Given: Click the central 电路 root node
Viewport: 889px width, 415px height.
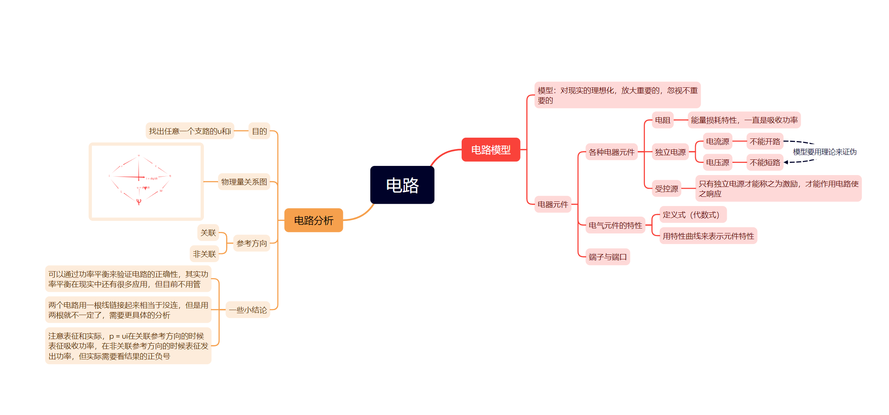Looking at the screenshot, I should [402, 185].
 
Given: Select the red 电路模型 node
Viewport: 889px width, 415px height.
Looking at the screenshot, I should [491, 150].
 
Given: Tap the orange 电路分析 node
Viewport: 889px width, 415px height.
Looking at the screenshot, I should [314, 220].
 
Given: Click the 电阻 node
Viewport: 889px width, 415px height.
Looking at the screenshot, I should [663, 120].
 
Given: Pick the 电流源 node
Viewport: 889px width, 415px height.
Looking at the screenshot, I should [718, 142].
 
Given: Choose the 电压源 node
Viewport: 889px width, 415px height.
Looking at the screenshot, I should [718, 162].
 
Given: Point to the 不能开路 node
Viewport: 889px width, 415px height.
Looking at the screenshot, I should [765, 142].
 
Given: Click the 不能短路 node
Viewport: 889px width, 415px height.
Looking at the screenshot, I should [765, 162].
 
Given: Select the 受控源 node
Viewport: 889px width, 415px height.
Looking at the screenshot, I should [666, 188].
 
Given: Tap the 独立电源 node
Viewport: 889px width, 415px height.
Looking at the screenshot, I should [670, 152].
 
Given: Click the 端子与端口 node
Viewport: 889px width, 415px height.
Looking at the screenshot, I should [608, 257].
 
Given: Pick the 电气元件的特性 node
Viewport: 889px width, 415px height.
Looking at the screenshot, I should [615, 225].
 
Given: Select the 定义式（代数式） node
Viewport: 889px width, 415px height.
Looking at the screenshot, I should [693, 215].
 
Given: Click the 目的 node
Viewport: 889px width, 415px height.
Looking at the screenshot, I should [259, 131].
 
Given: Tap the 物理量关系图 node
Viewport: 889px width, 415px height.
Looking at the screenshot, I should [244, 182].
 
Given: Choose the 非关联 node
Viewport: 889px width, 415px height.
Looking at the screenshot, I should [204, 254].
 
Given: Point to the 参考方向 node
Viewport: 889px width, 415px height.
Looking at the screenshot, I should [252, 243].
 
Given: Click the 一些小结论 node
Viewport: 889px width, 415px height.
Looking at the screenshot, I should [248, 310].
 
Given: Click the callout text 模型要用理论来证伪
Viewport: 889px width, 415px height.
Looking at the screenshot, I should [825, 152].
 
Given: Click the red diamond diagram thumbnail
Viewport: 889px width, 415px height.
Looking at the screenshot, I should [146, 182].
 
